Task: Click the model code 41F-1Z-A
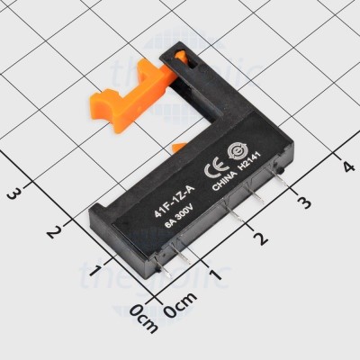(170, 202)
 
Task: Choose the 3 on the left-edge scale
(13, 192)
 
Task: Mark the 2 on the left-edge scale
(55, 231)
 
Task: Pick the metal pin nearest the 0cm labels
(167, 267)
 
